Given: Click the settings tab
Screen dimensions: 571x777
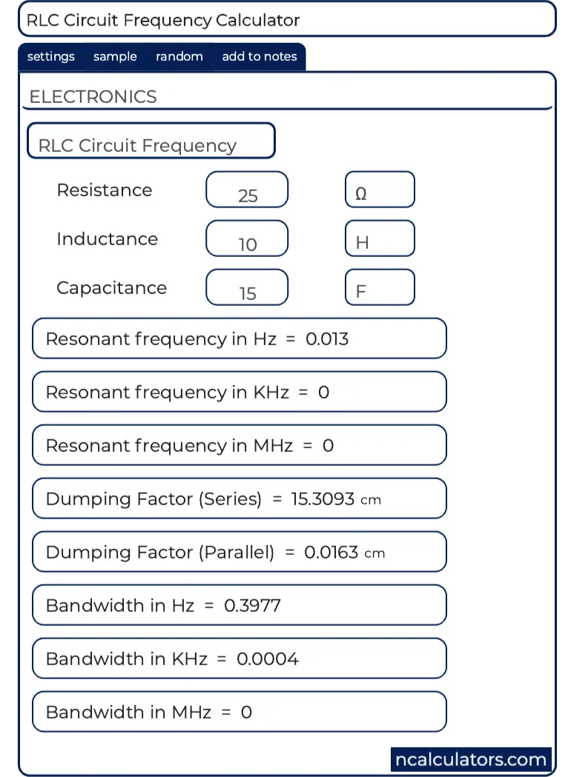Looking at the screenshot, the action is (x=51, y=57).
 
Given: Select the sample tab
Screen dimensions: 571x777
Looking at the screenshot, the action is (x=115, y=57).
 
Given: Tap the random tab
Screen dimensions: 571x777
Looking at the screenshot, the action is (x=179, y=57).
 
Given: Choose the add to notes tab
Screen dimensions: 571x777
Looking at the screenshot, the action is (x=259, y=57).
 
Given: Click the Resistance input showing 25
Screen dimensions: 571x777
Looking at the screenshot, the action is (x=247, y=190).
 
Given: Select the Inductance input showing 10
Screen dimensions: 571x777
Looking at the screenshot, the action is (x=247, y=239).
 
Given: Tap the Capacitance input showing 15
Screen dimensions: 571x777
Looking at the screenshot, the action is (x=247, y=288).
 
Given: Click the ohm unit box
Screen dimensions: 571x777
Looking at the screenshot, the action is (x=380, y=190).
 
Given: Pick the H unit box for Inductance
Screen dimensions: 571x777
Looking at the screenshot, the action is (x=380, y=239).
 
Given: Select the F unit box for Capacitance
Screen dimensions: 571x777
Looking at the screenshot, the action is (x=380, y=288).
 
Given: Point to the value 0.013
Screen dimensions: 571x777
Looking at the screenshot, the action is (x=327, y=339).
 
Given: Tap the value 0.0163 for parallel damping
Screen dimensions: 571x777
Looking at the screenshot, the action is (x=331, y=553).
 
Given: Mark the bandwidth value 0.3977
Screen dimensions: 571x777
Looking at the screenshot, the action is (x=252, y=606).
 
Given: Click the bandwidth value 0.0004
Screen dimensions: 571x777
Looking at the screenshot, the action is (x=268, y=659).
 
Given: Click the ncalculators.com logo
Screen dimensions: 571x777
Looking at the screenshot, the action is (x=471, y=759).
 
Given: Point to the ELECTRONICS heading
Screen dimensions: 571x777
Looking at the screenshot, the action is (x=93, y=97).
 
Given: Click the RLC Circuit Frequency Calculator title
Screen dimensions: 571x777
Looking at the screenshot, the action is (x=163, y=20).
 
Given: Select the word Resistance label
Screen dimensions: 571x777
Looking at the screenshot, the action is (x=105, y=190).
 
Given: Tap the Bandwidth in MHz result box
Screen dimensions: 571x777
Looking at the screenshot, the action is (x=239, y=712).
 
